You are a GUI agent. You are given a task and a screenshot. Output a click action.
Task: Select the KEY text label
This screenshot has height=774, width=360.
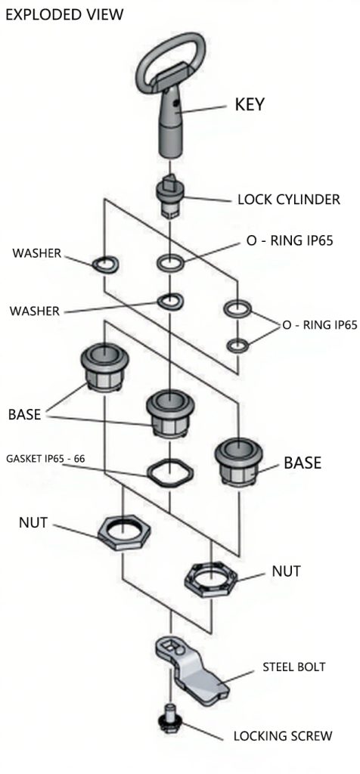pyautogui.click(x=250, y=104)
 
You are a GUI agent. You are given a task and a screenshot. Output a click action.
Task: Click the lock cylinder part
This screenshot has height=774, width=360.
pyautogui.click(x=169, y=197)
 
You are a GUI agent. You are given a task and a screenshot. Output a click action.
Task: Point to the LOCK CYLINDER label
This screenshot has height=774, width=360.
pyautogui.click(x=289, y=200)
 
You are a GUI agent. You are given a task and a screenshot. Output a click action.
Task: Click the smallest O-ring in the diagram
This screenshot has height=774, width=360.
pyautogui.click(x=237, y=345)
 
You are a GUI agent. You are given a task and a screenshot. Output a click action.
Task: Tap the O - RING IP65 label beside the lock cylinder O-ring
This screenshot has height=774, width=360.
pyautogui.click(x=290, y=240)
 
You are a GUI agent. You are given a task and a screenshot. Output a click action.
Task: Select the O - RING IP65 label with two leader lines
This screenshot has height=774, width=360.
pyautogui.click(x=319, y=325)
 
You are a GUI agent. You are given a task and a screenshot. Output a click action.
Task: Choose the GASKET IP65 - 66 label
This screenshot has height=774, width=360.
pyautogui.click(x=45, y=459)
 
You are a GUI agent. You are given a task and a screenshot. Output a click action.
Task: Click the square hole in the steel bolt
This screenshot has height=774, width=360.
pyautogui.click(x=170, y=645)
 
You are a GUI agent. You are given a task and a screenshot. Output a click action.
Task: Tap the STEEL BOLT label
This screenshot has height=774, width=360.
pyautogui.click(x=294, y=667)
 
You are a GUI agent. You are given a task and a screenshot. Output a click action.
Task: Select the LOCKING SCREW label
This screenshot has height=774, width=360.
pyautogui.click(x=282, y=735)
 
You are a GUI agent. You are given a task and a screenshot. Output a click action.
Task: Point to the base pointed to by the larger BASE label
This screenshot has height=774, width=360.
pyautogui.click(x=238, y=461)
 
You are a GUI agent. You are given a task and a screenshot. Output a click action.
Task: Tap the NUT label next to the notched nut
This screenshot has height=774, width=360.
pyautogui.click(x=286, y=571)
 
